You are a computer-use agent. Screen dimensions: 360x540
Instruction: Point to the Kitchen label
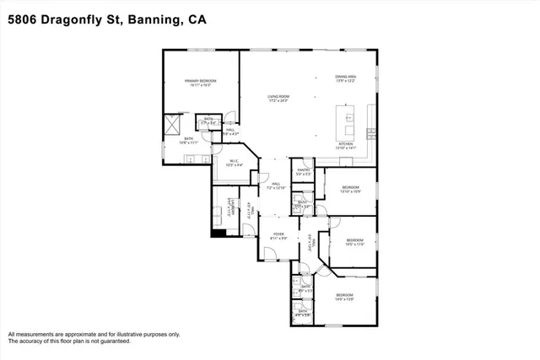tap(346, 145)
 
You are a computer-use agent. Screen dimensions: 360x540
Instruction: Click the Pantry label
tap(303, 172)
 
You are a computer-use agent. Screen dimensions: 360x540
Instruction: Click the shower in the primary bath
tap(171, 126)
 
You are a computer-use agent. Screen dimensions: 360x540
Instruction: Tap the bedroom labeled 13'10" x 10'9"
tap(350, 188)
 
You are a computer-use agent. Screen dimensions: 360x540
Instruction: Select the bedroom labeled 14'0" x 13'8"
tap(344, 296)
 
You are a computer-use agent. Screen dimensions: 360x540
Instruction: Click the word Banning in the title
tap(150, 19)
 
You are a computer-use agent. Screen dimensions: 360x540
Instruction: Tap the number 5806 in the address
tap(24, 19)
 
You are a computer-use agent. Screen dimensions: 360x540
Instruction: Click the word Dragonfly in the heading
tap(75, 19)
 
